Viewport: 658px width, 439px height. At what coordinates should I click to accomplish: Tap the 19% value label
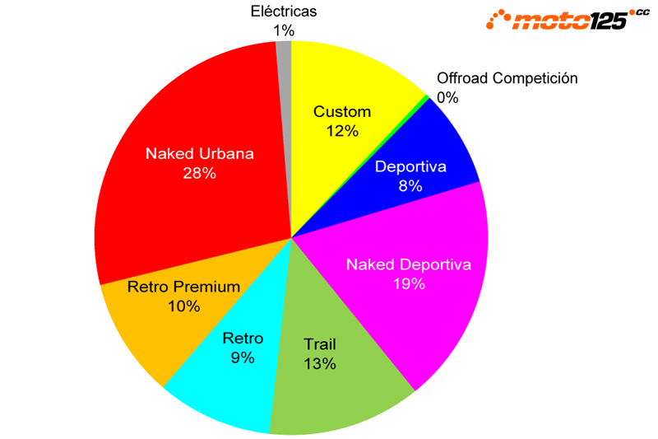[x=408, y=284]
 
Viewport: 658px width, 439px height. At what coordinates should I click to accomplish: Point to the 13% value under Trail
[x=319, y=363]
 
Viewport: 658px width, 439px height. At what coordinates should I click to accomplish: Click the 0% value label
[x=447, y=97]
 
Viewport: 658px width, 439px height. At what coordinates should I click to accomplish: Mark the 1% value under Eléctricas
[x=284, y=30]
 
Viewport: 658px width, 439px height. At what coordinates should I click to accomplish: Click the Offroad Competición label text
[x=507, y=78]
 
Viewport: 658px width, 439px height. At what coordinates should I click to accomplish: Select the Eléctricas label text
[x=283, y=12]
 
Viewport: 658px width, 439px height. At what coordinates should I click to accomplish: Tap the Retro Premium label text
[x=183, y=287]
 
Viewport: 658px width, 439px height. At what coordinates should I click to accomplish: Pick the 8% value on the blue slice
[x=410, y=186]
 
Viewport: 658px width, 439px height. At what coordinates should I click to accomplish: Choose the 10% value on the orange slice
[x=183, y=306]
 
